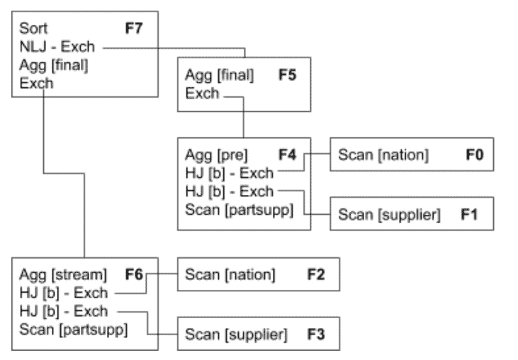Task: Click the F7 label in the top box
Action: click(x=135, y=29)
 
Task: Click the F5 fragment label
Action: click(x=288, y=75)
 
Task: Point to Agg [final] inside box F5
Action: click(x=219, y=75)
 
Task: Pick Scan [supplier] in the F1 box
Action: click(x=388, y=215)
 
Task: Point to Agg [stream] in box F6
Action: click(x=63, y=274)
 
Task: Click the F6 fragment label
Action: click(x=134, y=274)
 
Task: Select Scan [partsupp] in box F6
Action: click(x=74, y=329)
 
